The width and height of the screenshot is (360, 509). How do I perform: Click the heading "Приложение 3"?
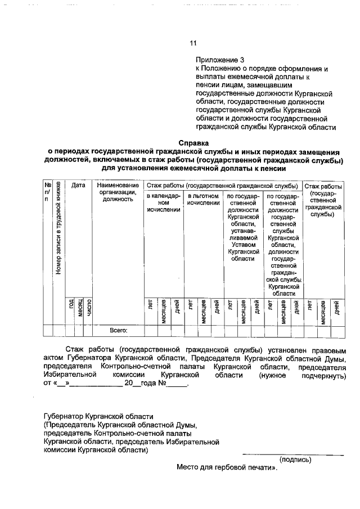(x=220, y=59)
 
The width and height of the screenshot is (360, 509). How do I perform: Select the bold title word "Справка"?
(x=193, y=143)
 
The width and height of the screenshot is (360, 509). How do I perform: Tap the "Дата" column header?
(x=78, y=185)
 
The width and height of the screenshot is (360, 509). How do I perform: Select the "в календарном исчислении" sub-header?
(x=164, y=202)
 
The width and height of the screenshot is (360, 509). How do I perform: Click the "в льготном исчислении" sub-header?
(x=203, y=199)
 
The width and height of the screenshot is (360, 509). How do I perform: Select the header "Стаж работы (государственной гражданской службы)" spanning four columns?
(x=222, y=185)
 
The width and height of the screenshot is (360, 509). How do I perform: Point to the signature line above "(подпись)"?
(x=292, y=454)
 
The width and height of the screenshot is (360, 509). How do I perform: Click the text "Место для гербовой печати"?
(x=225, y=467)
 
